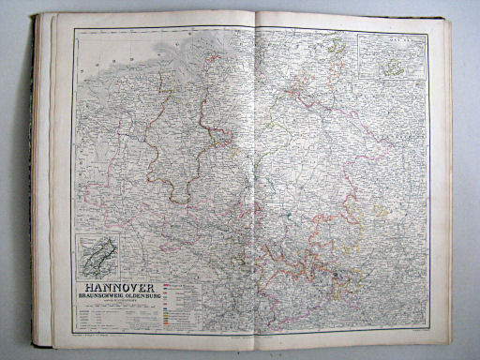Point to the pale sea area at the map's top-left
[103, 47]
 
